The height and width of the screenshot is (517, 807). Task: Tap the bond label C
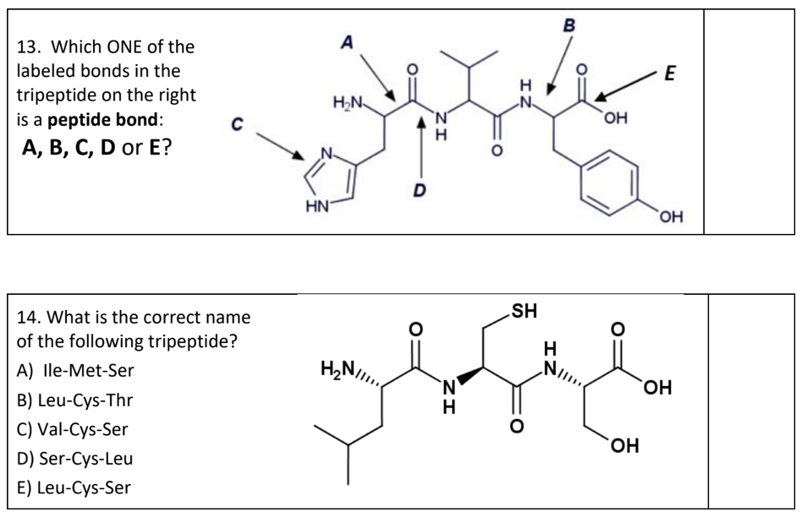pyautogui.click(x=238, y=125)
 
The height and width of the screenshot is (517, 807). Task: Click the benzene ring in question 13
pyautogui.click(x=610, y=182)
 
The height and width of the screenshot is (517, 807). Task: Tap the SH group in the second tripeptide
pyautogui.click(x=524, y=310)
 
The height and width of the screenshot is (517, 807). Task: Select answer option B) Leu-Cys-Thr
pyautogui.click(x=75, y=400)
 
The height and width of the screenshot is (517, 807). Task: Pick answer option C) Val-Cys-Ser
pyautogui.click(x=73, y=429)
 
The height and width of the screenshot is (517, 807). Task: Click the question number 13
pyautogui.click(x=29, y=46)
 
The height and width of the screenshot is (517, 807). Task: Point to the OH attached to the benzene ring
pyautogui.click(x=671, y=220)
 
